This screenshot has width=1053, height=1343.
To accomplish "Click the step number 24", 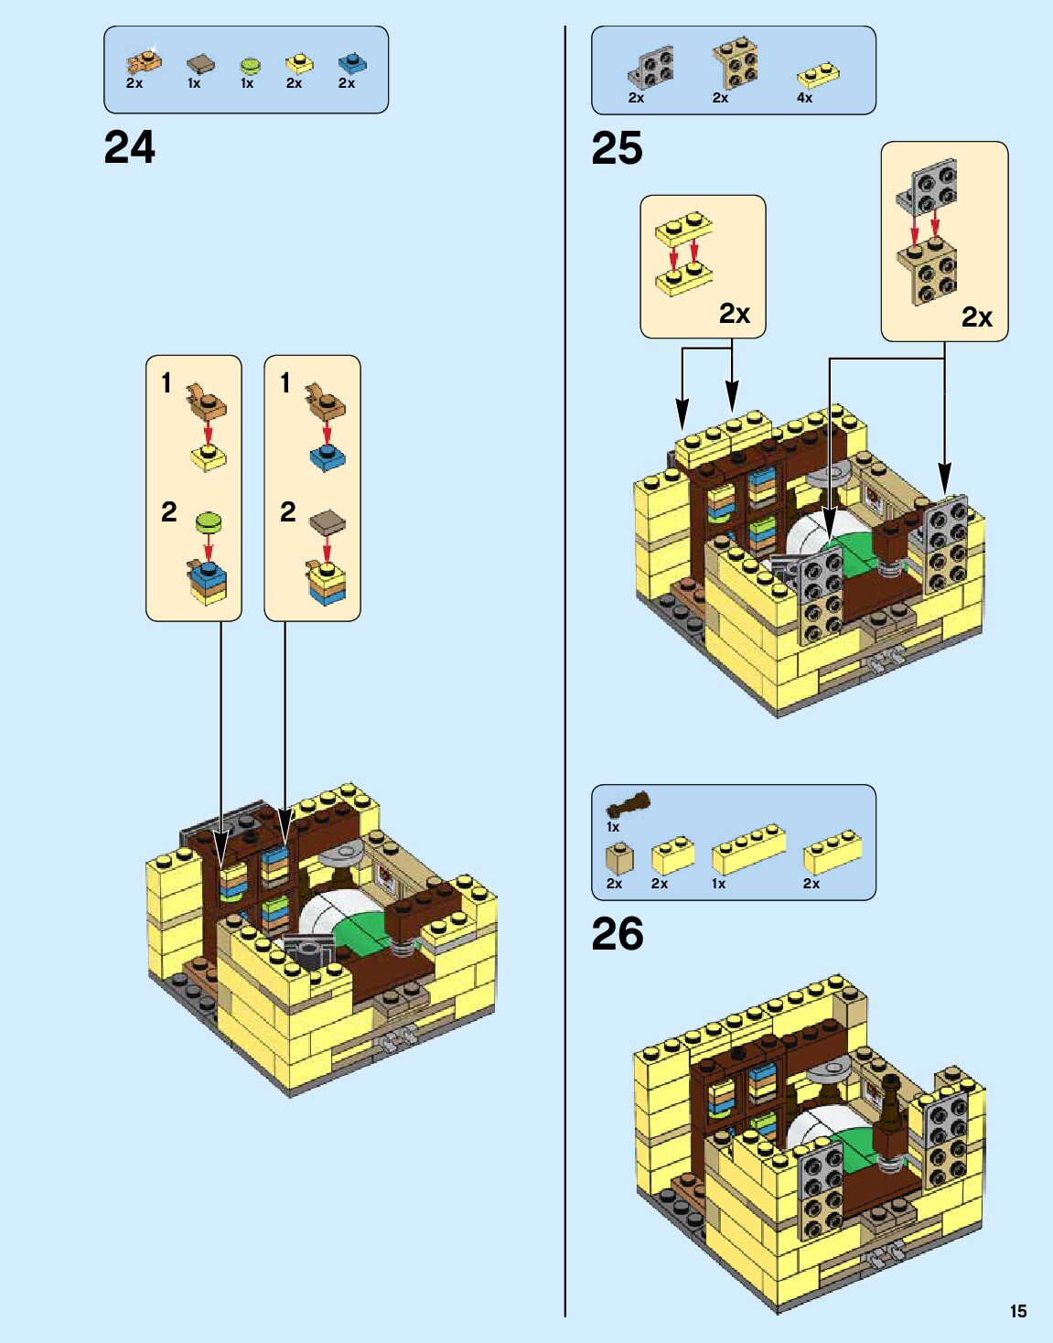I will [x=130, y=147].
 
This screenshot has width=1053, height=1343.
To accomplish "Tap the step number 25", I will [x=617, y=148].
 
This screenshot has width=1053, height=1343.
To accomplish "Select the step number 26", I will [x=617, y=934].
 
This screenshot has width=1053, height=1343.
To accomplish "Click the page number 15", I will [x=1018, y=1311].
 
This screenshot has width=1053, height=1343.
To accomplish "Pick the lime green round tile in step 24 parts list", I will [x=250, y=65].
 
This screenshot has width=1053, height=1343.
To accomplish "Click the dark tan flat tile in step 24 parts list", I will [x=200, y=64].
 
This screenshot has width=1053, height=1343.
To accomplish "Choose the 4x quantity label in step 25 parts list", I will [x=804, y=97].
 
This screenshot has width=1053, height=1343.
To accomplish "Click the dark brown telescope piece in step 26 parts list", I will [x=629, y=805].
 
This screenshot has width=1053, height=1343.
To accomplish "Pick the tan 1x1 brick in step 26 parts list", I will [x=618, y=858].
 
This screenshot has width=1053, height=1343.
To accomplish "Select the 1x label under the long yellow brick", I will [x=718, y=884].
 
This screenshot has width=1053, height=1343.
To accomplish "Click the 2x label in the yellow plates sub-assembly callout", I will [x=734, y=314].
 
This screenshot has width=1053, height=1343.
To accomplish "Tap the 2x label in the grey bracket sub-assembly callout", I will [x=976, y=317].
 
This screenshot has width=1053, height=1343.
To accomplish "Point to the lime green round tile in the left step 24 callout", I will [x=209, y=522].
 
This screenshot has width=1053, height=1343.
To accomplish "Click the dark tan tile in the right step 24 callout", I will [x=327, y=523].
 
